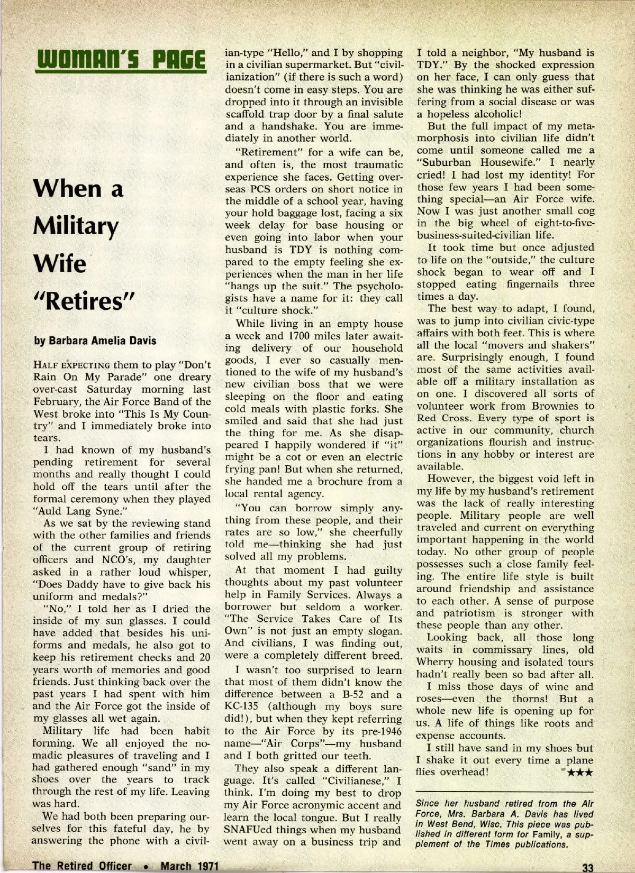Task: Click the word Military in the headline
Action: point(76,227)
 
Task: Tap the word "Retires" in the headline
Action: point(85,302)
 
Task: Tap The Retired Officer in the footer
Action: point(82,866)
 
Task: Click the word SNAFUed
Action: point(251,830)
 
